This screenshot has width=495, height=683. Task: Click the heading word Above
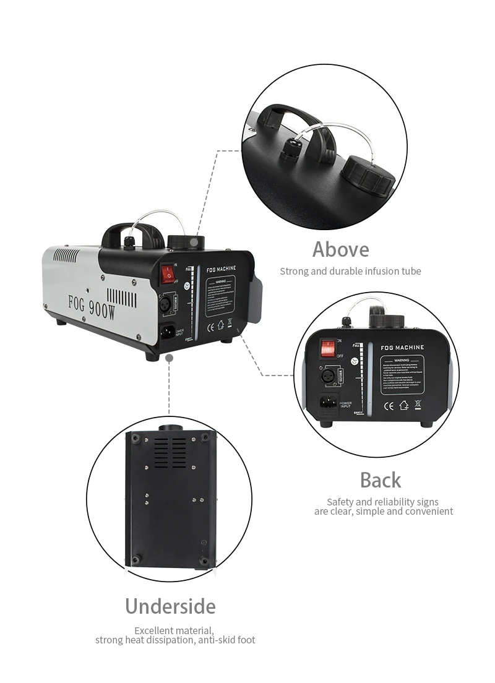point(340,249)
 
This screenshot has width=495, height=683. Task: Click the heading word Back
point(380,480)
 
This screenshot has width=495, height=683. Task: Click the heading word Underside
point(170,606)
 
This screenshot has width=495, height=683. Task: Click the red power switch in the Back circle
point(327,348)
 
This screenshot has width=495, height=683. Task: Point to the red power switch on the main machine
point(166,272)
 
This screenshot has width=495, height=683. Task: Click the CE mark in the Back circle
point(390,406)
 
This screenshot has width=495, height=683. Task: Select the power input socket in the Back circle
point(328,402)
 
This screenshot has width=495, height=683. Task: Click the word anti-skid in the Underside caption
point(215,640)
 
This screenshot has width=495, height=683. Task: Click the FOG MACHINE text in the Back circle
point(402,348)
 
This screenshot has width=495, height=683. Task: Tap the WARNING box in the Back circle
point(402,374)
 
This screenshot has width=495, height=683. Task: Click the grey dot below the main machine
point(169,358)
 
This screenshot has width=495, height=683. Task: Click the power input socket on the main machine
point(167,332)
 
